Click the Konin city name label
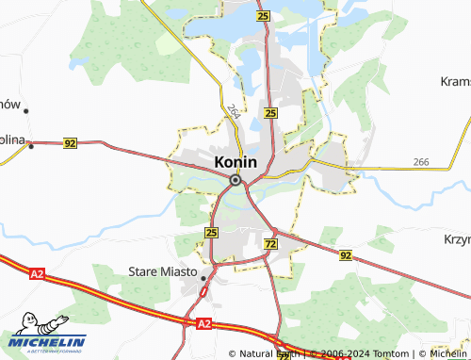click(x=235, y=162)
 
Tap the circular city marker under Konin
click(x=235, y=179)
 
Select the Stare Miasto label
click(x=162, y=272)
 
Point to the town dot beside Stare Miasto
click(x=203, y=277)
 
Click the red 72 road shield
click(x=271, y=243)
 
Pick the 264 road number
click(x=233, y=111)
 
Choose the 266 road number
click(x=421, y=163)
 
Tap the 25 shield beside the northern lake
click(x=262, y=17)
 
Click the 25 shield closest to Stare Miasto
click(x=211, y=232)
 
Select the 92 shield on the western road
click(x=70, y=143)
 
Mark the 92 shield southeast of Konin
click(x=346, y=254)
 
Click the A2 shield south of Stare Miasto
click(x=204, y=323)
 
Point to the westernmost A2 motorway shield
click(x=37, y=273)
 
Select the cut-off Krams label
click(x=455, y=82)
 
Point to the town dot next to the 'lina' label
click(x=30, y=145)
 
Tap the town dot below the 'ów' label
click(x=26, y=111)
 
